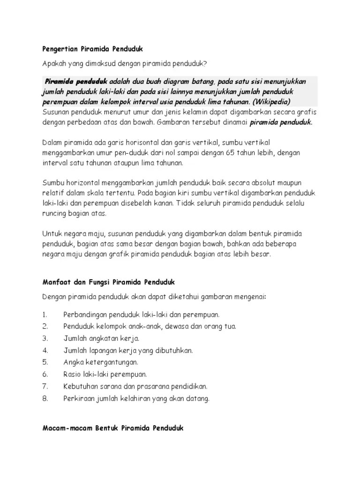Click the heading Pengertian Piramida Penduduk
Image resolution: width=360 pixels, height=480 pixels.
click(92, 49)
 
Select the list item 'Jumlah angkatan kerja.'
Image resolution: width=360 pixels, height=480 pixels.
click(101, 338)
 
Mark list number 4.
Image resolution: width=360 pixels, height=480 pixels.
click(45, 350)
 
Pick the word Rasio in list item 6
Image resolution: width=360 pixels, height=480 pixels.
click(73, 374)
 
